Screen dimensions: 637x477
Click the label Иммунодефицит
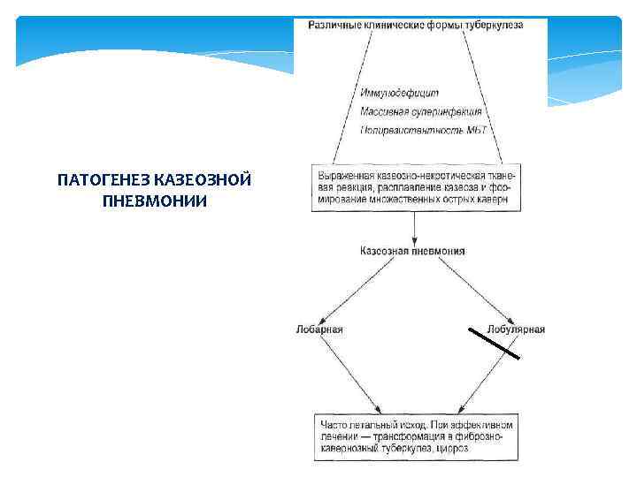click(400, 93)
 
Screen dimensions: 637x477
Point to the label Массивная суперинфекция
click(421, 111)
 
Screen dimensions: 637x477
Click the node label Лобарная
click(319, 329)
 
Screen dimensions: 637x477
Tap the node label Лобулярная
click(517, 329)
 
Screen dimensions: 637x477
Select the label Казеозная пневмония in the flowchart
click(412, 251)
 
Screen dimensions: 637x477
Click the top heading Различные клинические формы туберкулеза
click(415, 25)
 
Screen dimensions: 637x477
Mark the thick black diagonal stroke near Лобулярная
click(494, 342)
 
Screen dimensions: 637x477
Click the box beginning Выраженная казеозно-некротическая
click(416, 186)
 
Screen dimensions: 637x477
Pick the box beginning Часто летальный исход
click(416, 436)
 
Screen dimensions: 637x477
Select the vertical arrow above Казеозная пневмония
click(415, 228)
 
